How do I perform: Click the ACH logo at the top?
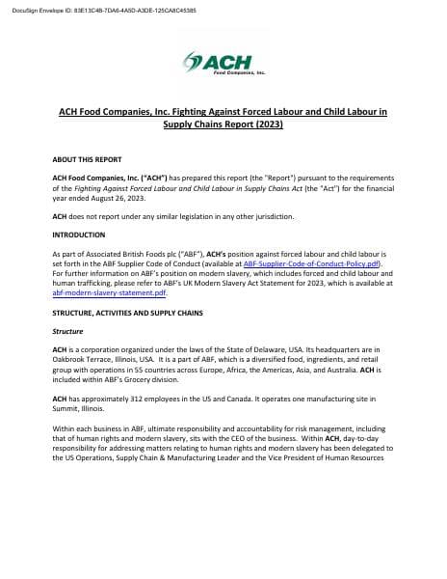223,65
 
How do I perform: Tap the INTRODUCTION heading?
78,234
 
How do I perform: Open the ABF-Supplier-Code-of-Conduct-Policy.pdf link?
313,262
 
